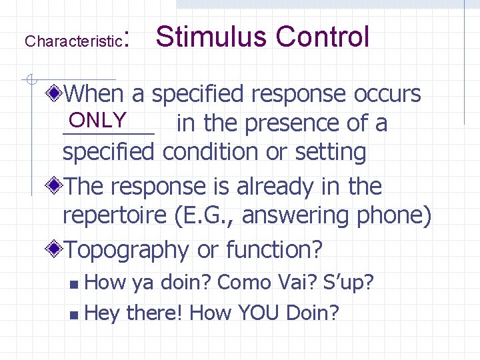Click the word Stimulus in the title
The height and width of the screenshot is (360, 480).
pyautogui.click(x=211, y=37)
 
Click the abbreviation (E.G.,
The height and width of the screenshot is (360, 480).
pyautogui.click(x=211, y=216)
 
